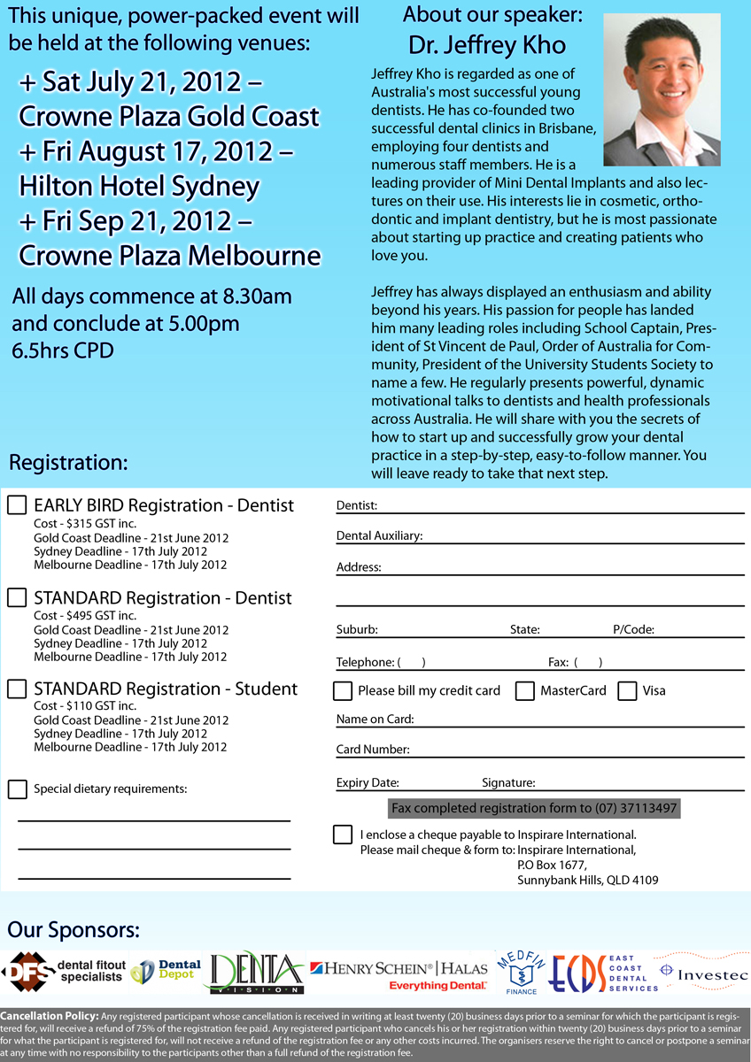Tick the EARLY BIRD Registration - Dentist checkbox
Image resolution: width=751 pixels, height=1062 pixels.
coord(17,505)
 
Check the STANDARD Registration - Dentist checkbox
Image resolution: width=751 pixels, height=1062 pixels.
coord(17,597)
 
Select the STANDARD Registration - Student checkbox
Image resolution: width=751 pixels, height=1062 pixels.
coord(17,689)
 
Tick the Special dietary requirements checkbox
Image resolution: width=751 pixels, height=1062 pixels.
coord(17,789)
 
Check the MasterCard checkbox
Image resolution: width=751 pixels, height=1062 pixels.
coord(525,691)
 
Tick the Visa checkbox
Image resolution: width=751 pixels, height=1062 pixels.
coord(628,691)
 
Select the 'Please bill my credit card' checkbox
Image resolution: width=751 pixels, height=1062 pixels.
coord(343,691)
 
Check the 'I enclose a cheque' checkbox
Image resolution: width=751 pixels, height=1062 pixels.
coord(343,835)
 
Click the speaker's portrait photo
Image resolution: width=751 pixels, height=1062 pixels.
coord(662,90)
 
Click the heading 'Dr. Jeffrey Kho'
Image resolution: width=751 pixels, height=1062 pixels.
coord(487,44)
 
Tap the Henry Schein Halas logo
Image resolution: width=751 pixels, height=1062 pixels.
coord(399,974)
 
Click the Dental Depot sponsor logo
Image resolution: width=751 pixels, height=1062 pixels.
coord(166,973)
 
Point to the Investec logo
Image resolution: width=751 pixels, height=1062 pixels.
coord(704,973)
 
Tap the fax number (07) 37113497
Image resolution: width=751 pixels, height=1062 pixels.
coord(635,808)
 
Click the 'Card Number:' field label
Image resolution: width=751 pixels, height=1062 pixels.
coord(373,750)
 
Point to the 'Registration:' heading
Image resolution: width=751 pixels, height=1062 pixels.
coord(68,463)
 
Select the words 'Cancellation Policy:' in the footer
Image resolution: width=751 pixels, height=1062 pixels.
coord(50,1015)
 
